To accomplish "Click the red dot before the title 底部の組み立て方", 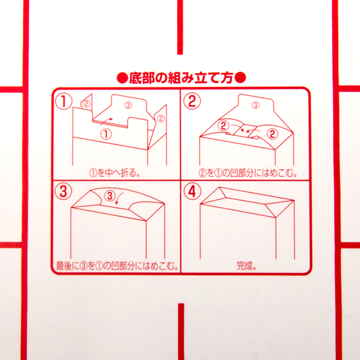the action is click(122, 78).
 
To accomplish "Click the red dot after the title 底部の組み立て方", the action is click(241, 77).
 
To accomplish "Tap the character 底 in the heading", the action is click(136, 78).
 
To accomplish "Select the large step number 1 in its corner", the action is click(64, 102).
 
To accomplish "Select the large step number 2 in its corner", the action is click(193, 101).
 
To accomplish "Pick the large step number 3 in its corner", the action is click(64, 191).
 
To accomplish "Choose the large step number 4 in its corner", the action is click(193, 191).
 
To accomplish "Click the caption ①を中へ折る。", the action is click(115, 173).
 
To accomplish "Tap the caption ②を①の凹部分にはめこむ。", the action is click(248, 173).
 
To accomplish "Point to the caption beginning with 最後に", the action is click(118, 266).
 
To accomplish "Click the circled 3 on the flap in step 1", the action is click(128, 106).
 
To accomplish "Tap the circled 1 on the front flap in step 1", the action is click(106, 134).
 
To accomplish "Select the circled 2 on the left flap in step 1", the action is click(86, 104).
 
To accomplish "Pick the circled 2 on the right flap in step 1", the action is click(160, 118).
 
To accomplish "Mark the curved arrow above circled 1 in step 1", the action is click(107, 121).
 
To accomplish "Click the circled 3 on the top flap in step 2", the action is click(256, 106).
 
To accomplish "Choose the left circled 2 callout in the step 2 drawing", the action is click(223, 126).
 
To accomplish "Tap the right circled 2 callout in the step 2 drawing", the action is click(272, 134).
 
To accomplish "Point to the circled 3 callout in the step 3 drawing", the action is click(110, 196).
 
